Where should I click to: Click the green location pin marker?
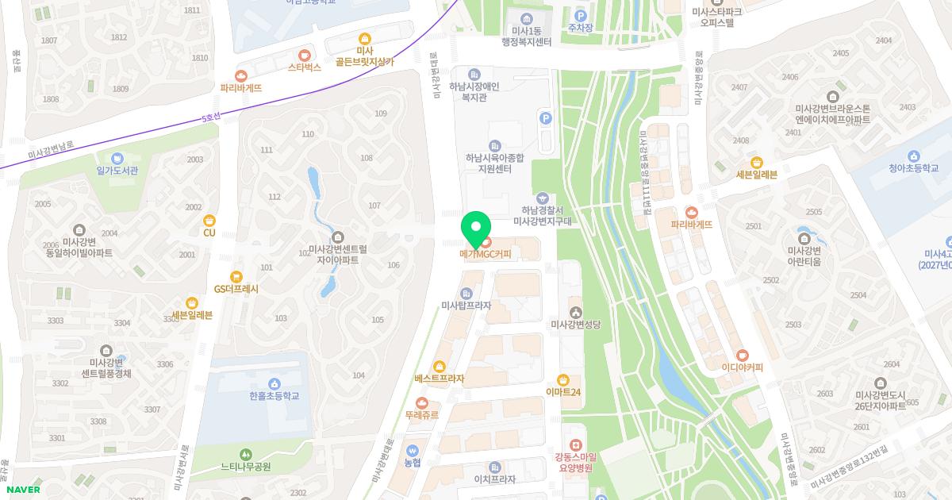475,229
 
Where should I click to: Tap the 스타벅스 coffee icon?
305,54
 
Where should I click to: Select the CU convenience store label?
209,233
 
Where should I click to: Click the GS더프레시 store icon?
236,277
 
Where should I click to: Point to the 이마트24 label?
563,392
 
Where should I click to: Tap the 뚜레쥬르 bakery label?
421,414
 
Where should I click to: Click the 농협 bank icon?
412,448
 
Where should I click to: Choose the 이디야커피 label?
742,368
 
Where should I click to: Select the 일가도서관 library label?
117,170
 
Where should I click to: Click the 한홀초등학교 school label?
274,396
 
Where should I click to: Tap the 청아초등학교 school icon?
913,156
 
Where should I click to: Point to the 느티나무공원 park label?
245,467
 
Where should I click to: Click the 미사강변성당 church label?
576,325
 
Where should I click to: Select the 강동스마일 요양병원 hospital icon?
576,444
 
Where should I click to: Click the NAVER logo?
21,490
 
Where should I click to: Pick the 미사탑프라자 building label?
466,306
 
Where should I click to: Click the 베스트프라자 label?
439,379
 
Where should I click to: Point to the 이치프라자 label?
495,479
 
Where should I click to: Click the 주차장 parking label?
580,28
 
